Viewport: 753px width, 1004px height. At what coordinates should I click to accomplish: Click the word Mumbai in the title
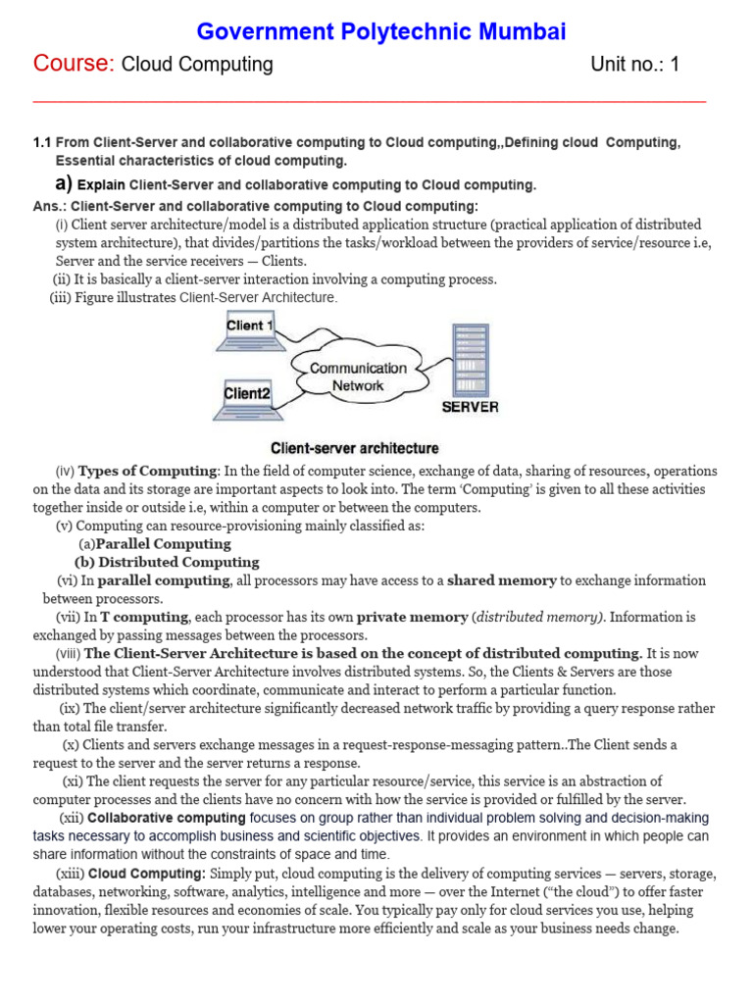[x=519, y=32]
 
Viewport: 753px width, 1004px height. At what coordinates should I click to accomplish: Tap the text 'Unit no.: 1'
[x=634, y=65]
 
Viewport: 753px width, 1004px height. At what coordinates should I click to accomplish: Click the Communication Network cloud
[x=358, y=376]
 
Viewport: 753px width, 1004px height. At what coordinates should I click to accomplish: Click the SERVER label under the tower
[x=471, y=407]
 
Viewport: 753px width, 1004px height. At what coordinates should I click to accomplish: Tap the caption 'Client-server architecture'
[x=355, y=448]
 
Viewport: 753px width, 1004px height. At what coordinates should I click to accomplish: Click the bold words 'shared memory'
[x=501, y=580]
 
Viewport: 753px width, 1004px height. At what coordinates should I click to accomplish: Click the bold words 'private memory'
[x=412, y=617]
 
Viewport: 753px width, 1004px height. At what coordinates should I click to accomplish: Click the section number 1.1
[x=43, y=143]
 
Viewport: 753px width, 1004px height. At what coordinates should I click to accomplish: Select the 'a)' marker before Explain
[x=64, y=183]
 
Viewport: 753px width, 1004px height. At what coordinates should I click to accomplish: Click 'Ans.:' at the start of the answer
[x=50, y=206]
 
